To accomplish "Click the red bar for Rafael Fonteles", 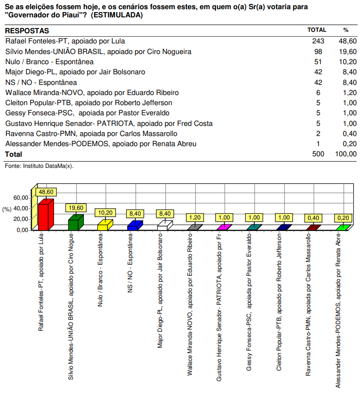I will click(x=44, y=216).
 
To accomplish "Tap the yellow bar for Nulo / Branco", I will click(x=103, y=226).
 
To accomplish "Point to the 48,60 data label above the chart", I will click(x=47, y=192).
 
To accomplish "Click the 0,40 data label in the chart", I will click(x=313, y=218).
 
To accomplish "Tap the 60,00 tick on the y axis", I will click(x=21, y=198).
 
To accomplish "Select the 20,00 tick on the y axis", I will click(x=21, y=219).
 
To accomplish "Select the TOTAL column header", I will click(x=317, y=30).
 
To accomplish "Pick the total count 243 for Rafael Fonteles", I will click(x=318, y=41).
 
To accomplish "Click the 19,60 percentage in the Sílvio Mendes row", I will click(x=347, y=52).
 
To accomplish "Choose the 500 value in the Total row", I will click(x=318, y=154).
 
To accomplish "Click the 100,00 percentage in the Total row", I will click(x=346, y=154).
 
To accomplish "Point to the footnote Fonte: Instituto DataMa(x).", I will click(x=39, y=165).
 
